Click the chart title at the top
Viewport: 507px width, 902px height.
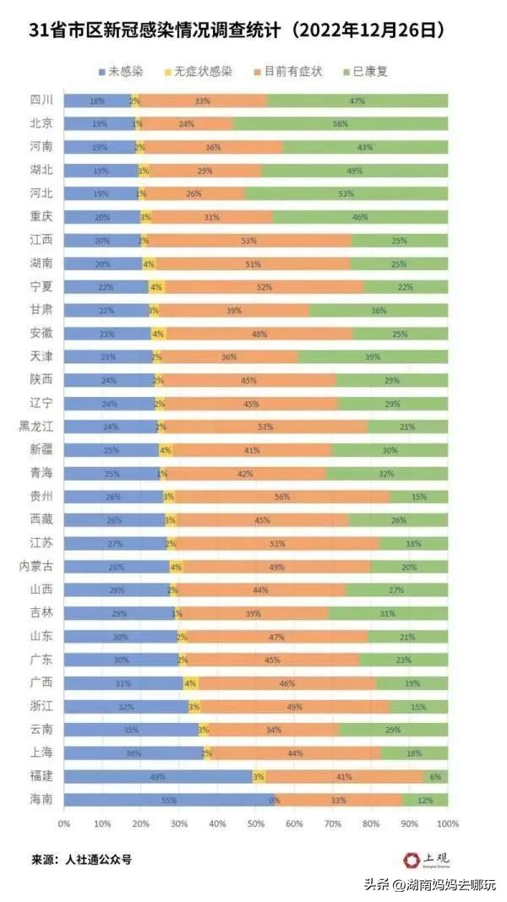click(x=237, y=32)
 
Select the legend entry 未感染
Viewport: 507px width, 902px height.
click(x=123, y=72)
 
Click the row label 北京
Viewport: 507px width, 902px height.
click(x=42, y=123)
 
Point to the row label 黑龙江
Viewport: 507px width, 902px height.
click(x=36, y=427)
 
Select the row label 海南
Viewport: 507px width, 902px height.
click(x=42, y=799)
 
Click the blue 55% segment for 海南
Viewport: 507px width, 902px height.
click(x=169, y=799)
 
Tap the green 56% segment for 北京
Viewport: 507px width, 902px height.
click(x=341, y=123)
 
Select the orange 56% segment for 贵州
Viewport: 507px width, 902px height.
click(x=282, y=496)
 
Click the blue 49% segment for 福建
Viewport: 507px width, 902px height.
click(x=158, y=775)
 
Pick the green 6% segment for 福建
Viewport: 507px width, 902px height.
click(x=436, y=775)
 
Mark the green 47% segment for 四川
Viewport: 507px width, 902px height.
click(x=357, y=101)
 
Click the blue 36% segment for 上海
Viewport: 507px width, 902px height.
click(x=133, y=753)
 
